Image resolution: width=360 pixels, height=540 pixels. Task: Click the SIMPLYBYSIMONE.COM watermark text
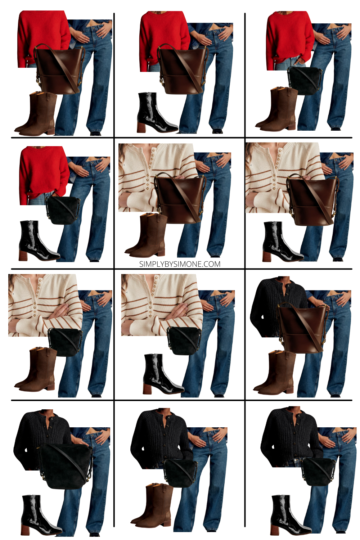pyautogui.click(x=180, y=264)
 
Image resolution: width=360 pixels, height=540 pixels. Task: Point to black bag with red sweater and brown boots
pyautogui.click(x=304, y=80)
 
